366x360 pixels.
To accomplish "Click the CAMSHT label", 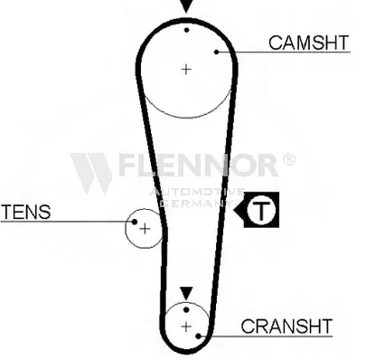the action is (308, 43).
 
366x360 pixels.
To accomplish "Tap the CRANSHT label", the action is (286, 326).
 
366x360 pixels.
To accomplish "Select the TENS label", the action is (26, 212).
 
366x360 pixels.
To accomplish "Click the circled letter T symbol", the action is (261, 210).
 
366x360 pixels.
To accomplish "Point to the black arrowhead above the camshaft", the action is (186, 6).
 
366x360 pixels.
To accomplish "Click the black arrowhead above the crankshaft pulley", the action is (186, 293).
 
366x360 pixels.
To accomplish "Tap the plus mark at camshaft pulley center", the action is (186, 70).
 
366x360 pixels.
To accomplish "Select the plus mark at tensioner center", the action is (145, 229).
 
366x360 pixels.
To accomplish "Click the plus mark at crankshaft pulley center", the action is (186, 327).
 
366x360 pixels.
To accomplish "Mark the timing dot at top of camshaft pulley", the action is (187, 30).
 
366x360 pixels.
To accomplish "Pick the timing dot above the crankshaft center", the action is (186, 309).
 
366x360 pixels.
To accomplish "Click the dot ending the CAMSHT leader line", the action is (216, 52).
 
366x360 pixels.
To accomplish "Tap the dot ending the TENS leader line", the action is (135, 222).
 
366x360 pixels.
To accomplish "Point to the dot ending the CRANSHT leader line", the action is (198, 336).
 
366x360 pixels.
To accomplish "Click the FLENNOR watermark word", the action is (198, 165).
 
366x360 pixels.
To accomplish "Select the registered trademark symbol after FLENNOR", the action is (289, 159).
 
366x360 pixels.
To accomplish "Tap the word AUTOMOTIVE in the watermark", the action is (197, 192).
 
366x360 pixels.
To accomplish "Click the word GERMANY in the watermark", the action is (197, 203).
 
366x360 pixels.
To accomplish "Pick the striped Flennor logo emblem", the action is (91, 174).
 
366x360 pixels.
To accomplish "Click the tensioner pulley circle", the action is (126, 229).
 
